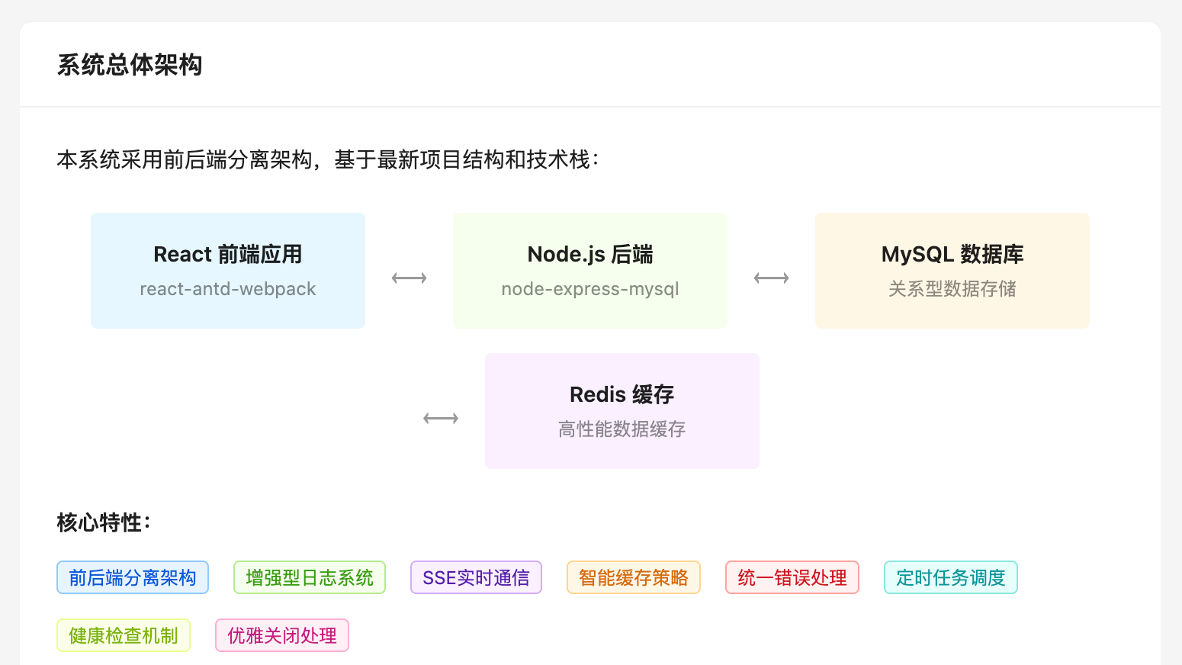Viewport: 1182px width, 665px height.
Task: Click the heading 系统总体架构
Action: (130, 65)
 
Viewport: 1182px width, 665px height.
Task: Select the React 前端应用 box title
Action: (227, 254)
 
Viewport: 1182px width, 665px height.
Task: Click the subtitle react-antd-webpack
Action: (227, 289)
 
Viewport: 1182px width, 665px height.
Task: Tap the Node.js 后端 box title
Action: (589, 254)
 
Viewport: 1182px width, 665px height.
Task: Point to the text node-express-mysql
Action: (589, 289)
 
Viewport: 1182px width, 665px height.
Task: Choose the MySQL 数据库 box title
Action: (952, 254)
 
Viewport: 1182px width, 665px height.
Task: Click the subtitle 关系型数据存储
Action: (952, 289)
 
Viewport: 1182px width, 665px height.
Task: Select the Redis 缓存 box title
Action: (622, 394)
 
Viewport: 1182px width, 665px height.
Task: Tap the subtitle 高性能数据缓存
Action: (622, 429)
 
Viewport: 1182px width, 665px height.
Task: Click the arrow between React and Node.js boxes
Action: (409, 278)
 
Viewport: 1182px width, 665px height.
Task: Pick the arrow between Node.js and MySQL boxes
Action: (771, 278)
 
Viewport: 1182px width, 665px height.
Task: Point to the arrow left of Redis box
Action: (441, 419)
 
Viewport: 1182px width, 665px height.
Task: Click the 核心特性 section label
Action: (104, 522)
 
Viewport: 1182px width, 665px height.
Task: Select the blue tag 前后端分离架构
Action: (133, 577)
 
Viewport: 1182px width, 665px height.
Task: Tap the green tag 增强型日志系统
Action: (310, 577)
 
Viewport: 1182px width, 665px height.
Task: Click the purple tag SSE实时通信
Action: (476, 577)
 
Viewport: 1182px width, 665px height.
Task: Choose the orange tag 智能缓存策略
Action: (633, 577)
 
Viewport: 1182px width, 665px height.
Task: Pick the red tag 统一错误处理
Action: (792, 577)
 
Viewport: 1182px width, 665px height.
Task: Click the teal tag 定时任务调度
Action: (950, 577)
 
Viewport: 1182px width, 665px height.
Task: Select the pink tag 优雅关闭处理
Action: (282, 635)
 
